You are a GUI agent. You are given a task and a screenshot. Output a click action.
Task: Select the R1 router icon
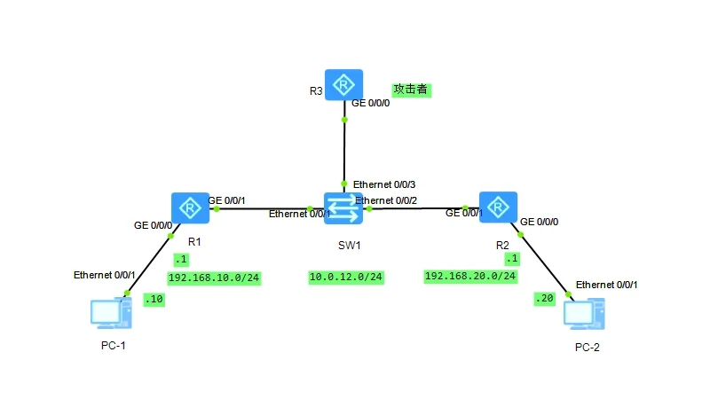[188, 207]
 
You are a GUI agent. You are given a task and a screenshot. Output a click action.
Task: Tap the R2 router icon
[499, 207]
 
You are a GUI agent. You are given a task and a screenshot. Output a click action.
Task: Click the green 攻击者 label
[411, 90]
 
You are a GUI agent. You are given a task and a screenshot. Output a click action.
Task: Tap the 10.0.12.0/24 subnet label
[346, 278]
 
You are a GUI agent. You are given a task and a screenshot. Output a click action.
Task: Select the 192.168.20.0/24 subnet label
[470, 277]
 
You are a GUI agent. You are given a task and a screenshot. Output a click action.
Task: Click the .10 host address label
[154, 300]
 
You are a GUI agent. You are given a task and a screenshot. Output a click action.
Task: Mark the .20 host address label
[542, 299]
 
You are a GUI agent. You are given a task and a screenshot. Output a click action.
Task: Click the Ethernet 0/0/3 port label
[384, 184]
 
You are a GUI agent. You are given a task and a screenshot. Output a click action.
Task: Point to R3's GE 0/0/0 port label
[371, 104]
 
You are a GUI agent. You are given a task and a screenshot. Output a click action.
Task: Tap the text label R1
[195, 240]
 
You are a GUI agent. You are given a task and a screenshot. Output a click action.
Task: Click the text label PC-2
[588, 348]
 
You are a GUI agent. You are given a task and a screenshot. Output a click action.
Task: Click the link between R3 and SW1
[344, 151]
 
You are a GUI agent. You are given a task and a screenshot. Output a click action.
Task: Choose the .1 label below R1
[182, 260]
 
